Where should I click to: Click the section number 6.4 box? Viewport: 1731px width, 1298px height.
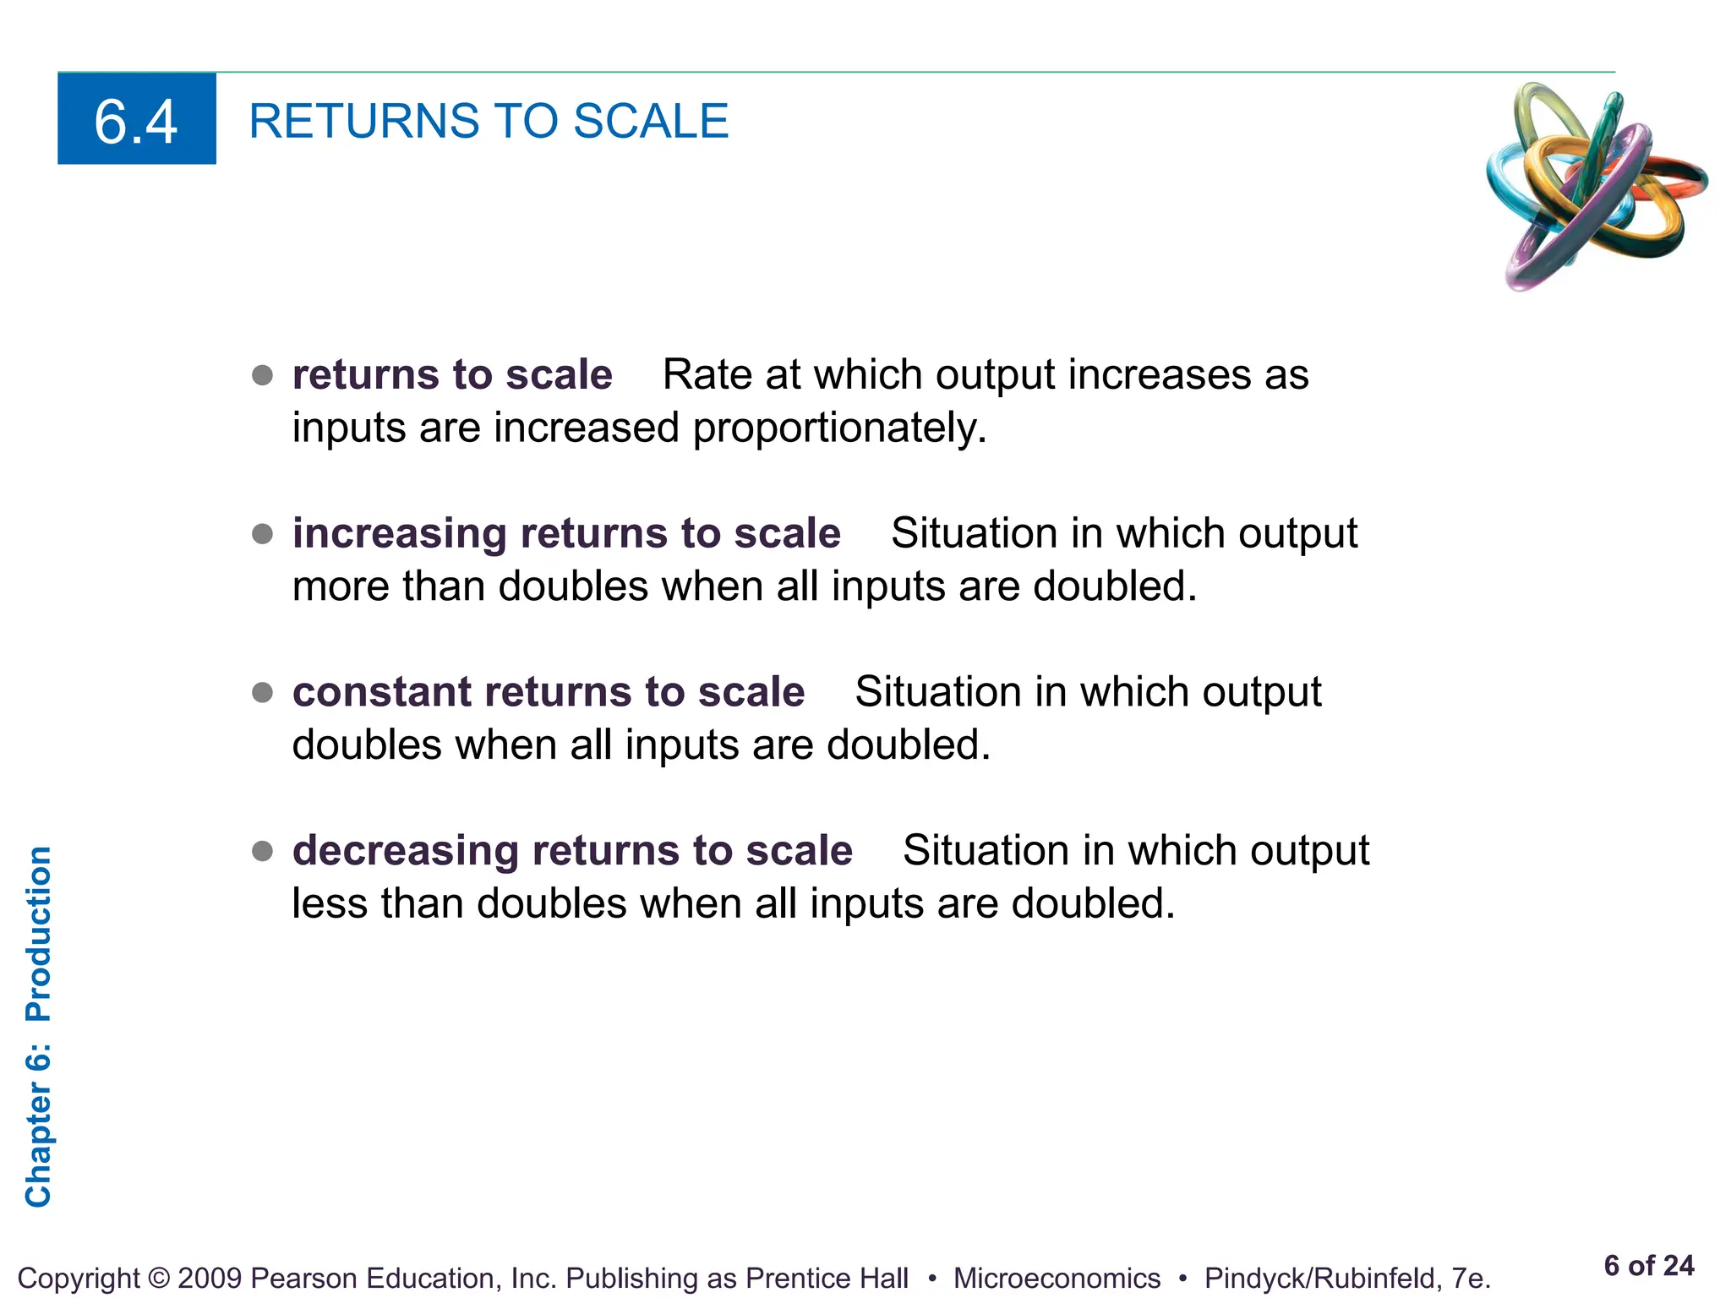(136, 119)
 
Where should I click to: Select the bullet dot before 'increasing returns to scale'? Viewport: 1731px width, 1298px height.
(263, 534)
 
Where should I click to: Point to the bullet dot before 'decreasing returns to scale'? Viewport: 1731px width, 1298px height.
(263, 851)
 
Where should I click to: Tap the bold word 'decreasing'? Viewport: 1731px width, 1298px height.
(405, 851)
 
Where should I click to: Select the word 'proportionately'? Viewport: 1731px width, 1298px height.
(839, 428)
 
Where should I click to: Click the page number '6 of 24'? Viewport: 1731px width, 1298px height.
(1648, 1265)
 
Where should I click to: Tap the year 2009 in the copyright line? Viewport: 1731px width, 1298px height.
(210, 1279)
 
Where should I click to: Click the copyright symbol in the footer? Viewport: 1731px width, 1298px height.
(158, 1279)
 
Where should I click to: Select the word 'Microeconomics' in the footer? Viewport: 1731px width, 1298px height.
(1057, 1279)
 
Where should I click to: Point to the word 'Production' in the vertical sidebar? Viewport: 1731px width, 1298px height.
(39, 934)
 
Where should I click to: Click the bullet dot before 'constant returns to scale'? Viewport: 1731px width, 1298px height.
(263, 693)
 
